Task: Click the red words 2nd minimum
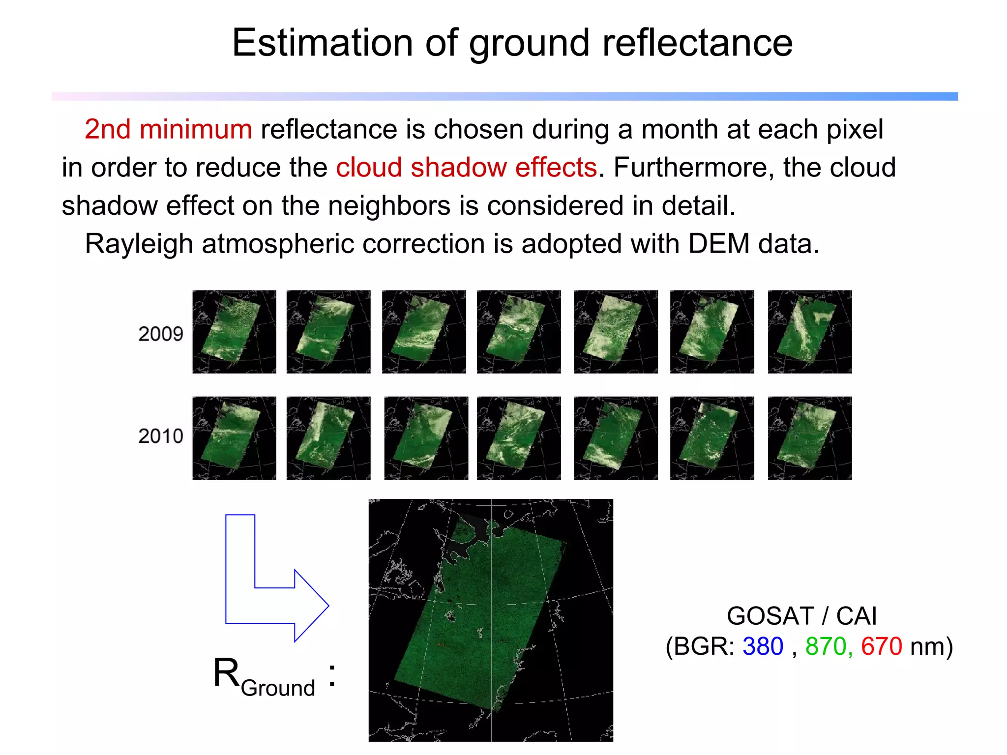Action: [168, 129]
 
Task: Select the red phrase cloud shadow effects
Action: [466, 168]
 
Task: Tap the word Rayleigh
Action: [139, 244]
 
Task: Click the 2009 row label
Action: [160, 334]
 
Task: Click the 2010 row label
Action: [160, 436]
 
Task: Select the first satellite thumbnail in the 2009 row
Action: [234, 332]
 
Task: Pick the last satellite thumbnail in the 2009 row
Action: [809, 332]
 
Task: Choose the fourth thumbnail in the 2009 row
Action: [519, 332]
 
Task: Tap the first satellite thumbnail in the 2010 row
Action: [234, 438]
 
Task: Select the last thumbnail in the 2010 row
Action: [809, 438]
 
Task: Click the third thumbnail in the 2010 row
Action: [426, 438]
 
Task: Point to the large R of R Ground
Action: [226, 673]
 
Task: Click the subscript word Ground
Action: [278, 688]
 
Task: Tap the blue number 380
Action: [763, 646]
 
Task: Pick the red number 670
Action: [881, 646]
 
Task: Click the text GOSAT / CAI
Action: [801, 616]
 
